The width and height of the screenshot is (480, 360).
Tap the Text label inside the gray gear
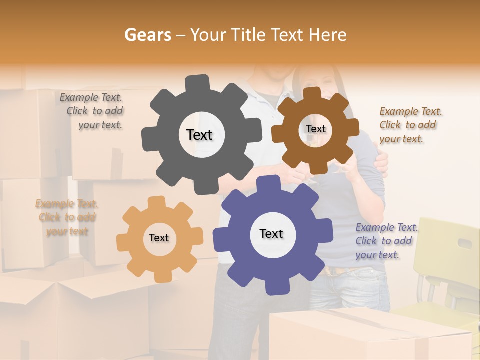click(x=199, y=135)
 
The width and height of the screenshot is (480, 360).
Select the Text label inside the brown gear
click(x=315, y=129)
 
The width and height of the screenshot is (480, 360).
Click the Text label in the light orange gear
click(x=159, y=238)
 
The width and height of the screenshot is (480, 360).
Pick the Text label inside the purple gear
click(x=271, y=233)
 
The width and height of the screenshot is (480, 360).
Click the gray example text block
click(x=92, y=111)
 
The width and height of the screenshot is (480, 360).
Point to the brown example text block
click(x=410, y=125)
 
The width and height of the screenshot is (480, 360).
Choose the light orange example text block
click(x=66, y=217)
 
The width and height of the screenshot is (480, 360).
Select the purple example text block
click(x=386, y=241)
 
